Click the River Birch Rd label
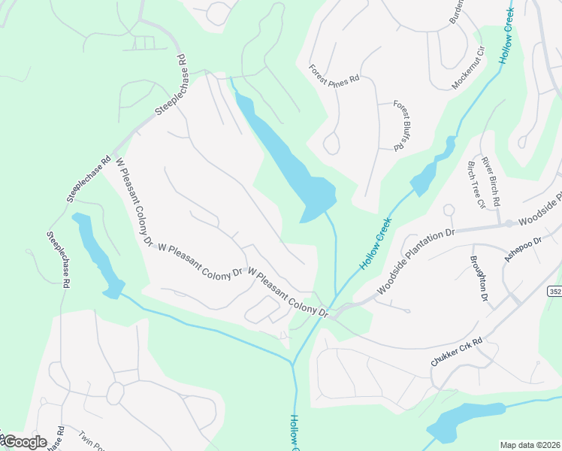pyautogui.click(x=497, y=180)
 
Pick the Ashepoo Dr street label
pyautogui.click(x=523, y=250)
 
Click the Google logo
pyautogui.click(x=24, y=442)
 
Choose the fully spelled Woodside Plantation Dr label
pyautogui.click(x=416, y=259)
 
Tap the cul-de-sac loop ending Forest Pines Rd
pyautogui.click(x=331, y=144)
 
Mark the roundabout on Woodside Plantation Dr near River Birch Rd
pyautogui.click(x=508, y=223)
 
